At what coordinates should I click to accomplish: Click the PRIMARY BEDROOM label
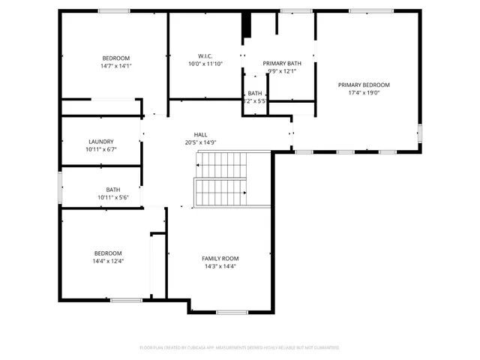[368, 85]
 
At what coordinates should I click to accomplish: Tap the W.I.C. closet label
[205, 56]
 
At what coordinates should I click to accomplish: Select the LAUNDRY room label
[101, 142]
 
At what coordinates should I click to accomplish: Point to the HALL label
[201, 135]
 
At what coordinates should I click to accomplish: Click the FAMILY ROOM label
[220, 259]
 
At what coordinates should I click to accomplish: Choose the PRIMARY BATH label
[282, 64]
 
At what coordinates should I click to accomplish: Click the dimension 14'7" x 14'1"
[116, 66]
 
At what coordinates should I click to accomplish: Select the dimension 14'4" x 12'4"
[108, 262]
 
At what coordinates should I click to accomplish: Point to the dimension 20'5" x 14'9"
[201, 142]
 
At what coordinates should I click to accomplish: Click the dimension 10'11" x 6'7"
[101, 149]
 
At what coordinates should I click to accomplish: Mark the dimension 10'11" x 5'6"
[113, 197]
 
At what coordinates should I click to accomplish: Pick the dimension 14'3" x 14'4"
[220, 267]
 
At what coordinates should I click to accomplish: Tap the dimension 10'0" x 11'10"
[205, 64]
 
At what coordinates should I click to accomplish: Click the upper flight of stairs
[222, 164]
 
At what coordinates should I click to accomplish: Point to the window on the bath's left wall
[61, 187]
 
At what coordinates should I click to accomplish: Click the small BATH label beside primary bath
[255, 93]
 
